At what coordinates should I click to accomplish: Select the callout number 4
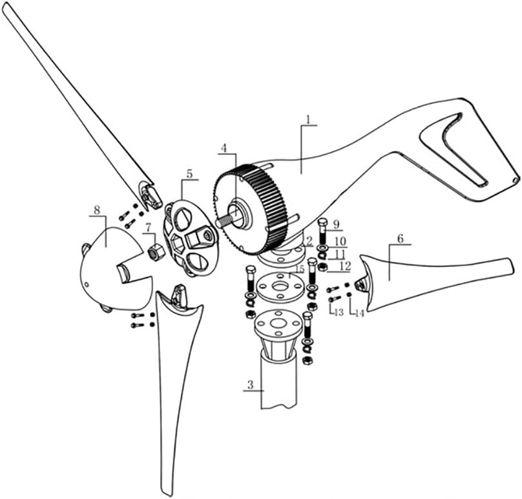[224, 148]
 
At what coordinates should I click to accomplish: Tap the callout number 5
[189, 173]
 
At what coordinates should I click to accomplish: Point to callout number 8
[97, 210]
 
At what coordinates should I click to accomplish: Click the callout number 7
[148, 228]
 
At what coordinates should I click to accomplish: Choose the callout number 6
[400, 239]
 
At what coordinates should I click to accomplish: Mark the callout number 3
[251, 385]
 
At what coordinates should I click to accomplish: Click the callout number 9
[335, 224]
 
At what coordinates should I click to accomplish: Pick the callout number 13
[339, 312]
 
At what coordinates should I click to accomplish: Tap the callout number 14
[359, 313]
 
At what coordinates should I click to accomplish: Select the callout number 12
[345, 266]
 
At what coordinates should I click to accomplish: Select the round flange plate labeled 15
[280, 287]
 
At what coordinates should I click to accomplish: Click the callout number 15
[300, 268]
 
